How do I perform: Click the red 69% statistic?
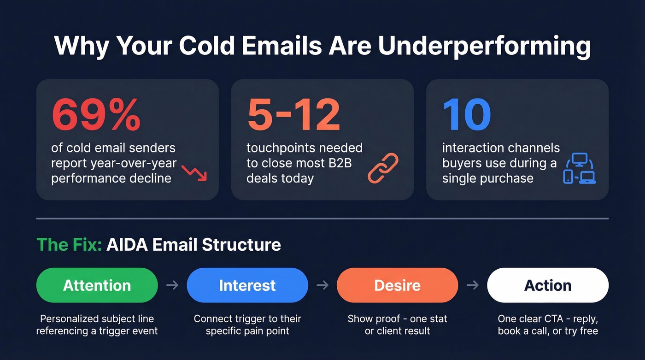pos(96,115)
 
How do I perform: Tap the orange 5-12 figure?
pos(293,115)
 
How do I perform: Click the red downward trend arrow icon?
pos(194,172)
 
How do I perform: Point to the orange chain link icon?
pos(383,168)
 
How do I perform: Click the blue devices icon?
pos(580,169)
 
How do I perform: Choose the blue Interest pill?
pos(247,285)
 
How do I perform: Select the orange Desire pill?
pos(397,285)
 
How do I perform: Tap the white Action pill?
pos(548,285)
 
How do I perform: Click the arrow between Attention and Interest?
pos(172,285)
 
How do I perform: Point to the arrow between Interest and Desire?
pos(322,285)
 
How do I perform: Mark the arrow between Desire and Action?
pos(473,285)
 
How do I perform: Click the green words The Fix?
pos(69,244)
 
